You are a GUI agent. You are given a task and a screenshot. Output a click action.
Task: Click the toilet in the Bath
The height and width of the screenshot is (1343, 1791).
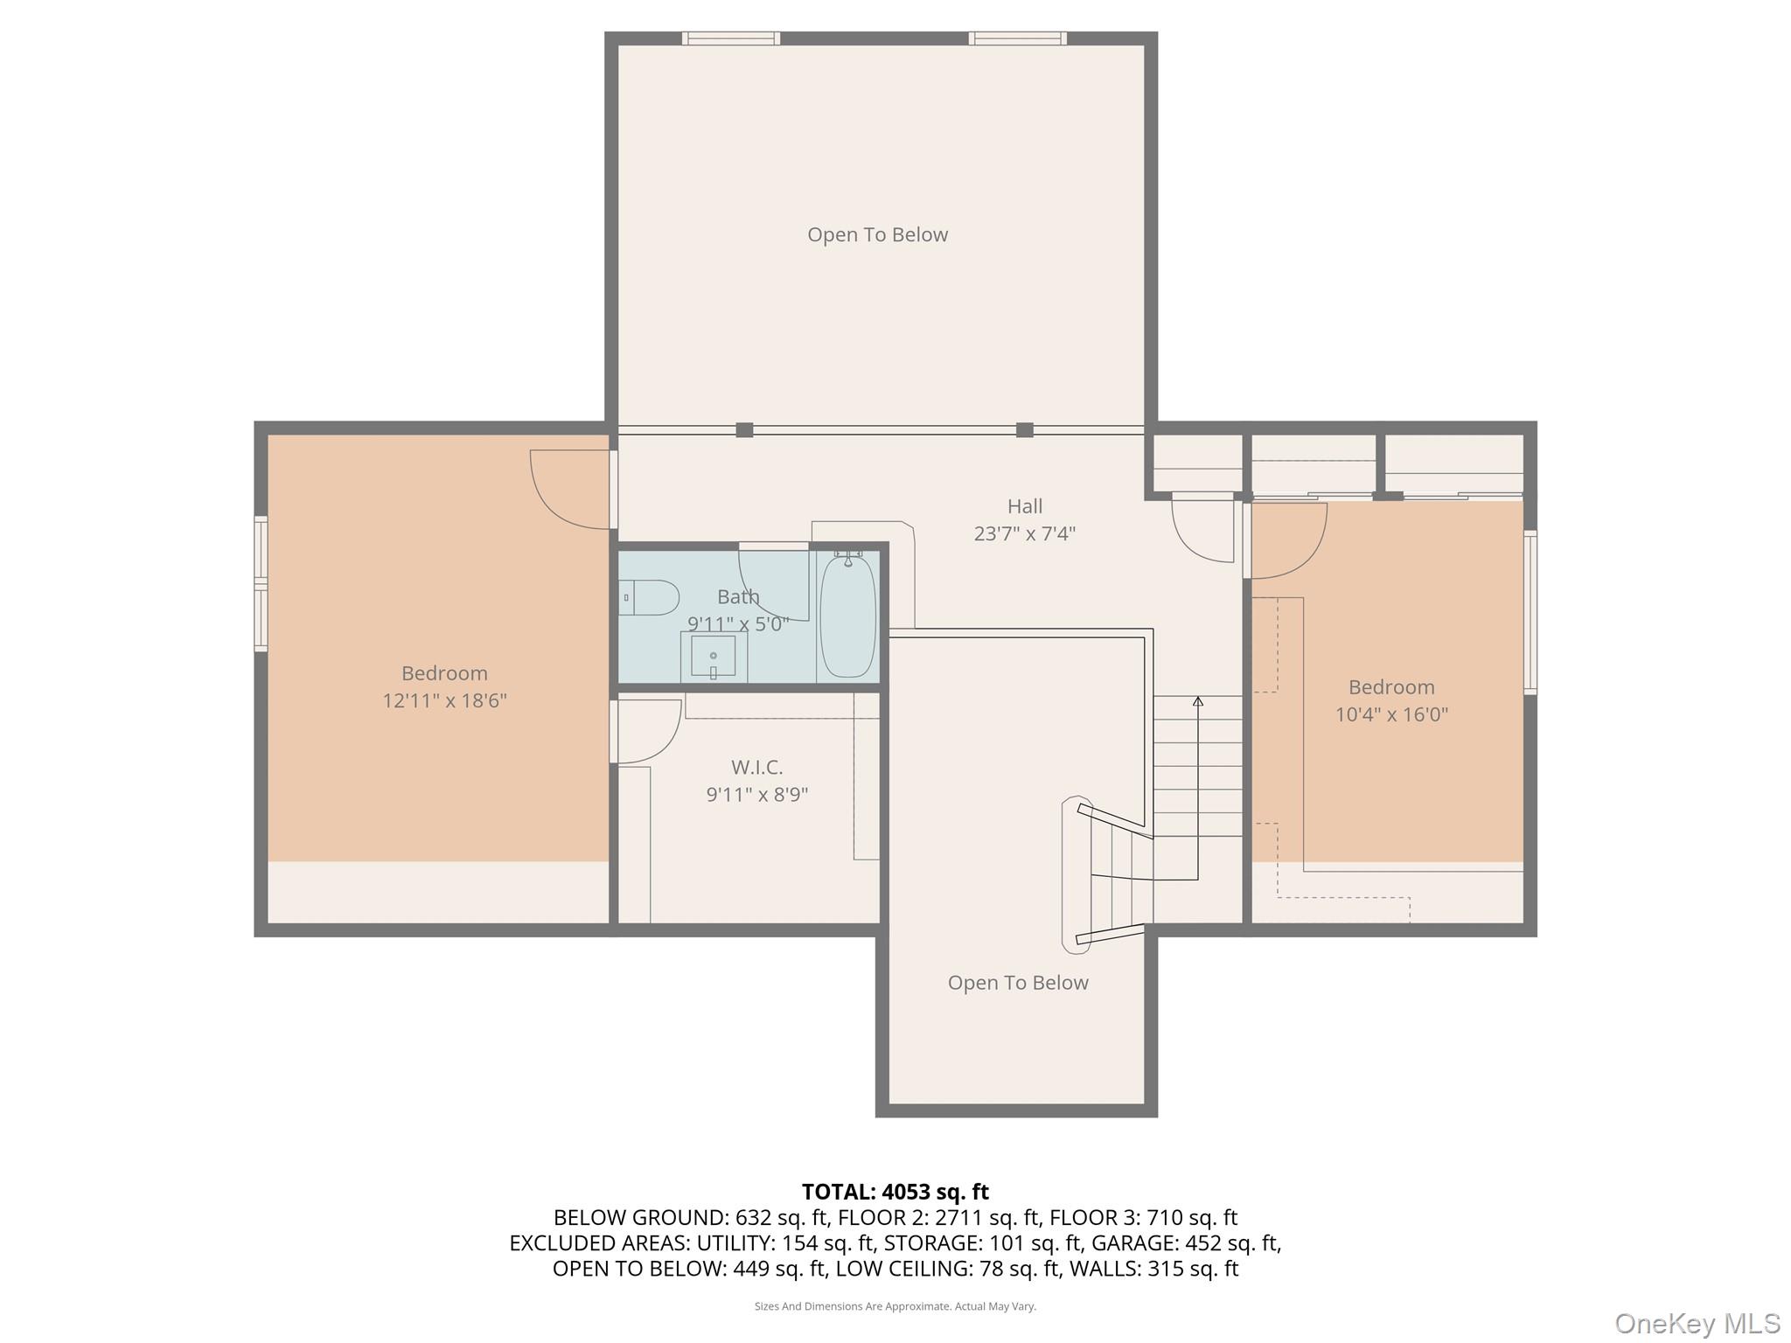pyautogui.click(x=649, y=598)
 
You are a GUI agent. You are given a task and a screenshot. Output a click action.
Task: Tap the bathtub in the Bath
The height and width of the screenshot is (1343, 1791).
pyautogui.click(x=847, y=617)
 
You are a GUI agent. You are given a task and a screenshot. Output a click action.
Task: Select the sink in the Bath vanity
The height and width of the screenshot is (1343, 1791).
pyautogui.click(x=714, y=657)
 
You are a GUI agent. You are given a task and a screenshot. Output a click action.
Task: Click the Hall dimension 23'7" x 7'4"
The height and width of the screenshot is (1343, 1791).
pyautogui.click(x=1024, y=533)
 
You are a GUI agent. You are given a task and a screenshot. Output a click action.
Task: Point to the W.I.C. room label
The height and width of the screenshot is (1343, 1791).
pyautogui.click(x=756, y=768)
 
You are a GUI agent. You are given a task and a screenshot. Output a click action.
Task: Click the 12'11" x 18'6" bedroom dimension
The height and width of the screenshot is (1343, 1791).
pyautogui.click(x=444, y=700)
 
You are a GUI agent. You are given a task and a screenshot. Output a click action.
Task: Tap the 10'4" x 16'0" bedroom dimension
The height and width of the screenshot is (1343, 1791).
pyautogui.click(x=1390, y=714)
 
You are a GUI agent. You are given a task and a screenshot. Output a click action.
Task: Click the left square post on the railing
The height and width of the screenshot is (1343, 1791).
pyautogui.click(x=744, y=429)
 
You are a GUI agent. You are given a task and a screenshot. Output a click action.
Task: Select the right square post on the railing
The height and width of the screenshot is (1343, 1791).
pyautogui.click(x=1024, y=429)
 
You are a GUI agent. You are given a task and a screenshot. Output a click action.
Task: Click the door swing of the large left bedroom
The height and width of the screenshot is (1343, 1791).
pyautogui.click(x=564, y=490)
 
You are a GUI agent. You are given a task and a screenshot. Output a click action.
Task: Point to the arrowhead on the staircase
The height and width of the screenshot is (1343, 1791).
pyautogui.click(x=1197, y=701)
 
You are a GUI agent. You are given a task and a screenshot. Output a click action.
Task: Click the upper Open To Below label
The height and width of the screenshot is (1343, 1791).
pyautogui.click(x=877, y=234)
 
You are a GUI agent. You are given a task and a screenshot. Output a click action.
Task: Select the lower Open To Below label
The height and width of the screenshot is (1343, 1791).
pyautogui.click(x=1018, y=983)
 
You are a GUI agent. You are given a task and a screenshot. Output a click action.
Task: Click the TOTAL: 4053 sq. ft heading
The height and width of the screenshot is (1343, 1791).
pyautogui.click(x=895, y=1192)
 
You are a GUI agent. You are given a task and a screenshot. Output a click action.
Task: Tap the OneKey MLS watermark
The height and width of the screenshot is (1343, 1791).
pyautogui.click(x=1697, y=1323)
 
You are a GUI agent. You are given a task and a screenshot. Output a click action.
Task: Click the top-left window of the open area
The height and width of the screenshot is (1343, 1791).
pyautogui.click(x=730, y=38)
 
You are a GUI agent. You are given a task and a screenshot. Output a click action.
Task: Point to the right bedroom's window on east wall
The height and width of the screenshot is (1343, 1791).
pyautogui.click(x=1530, y=612)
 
